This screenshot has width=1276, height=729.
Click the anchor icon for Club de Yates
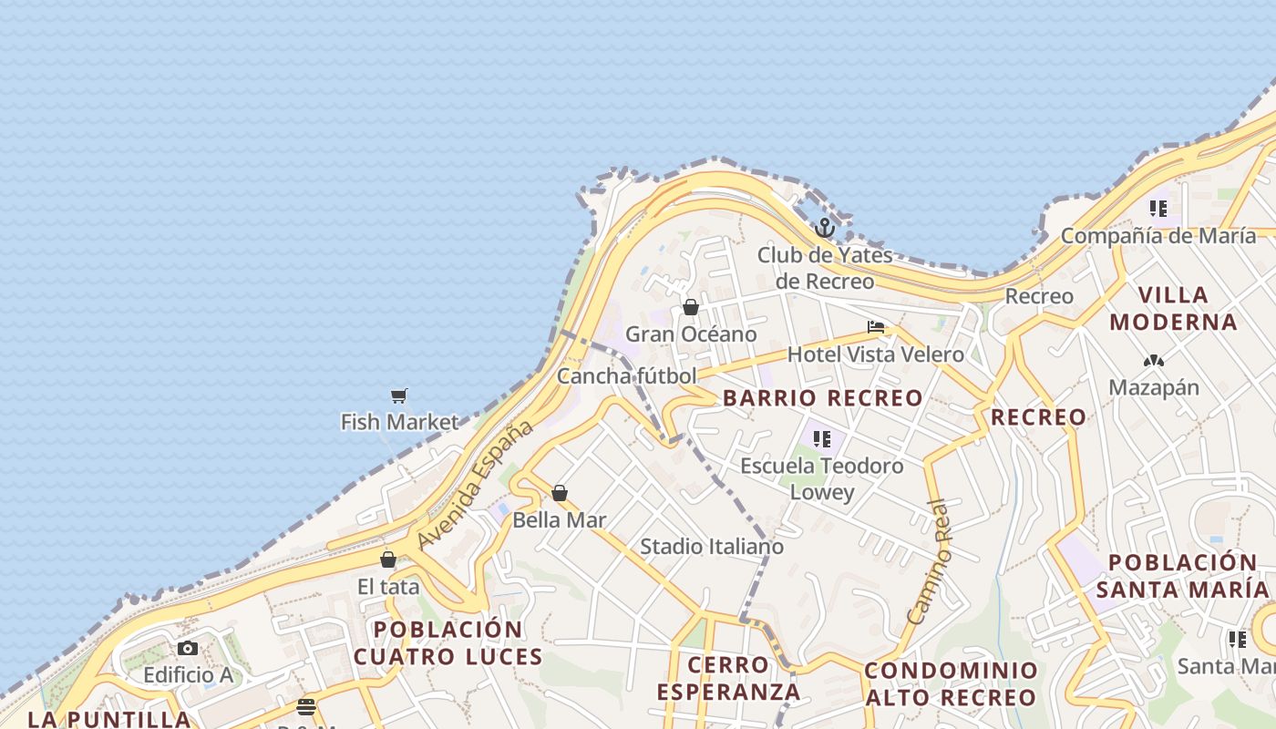[825, 228]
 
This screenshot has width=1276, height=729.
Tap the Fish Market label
[399, 422]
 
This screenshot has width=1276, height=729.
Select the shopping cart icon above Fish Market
[398, 395]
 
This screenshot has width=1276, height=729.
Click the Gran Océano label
[691, 334]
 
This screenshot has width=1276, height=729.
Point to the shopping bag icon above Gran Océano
[691, 307]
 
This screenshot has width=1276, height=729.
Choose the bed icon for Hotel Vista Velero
[876, 327]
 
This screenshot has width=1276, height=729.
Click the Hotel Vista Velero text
[876, 354]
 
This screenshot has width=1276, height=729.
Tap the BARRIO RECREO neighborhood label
[823, 398]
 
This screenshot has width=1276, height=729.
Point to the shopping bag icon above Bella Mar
[560, 493]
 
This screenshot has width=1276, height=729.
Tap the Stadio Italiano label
[712, 547]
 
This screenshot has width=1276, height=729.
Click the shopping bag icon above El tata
[388, 560]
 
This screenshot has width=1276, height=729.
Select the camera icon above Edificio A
[188, 648]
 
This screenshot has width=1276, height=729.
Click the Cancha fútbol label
[626, 375]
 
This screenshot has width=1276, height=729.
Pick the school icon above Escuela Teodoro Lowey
[822, 439]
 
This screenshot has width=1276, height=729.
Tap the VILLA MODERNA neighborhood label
[1174, 308]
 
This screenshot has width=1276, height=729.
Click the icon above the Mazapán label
[1154, 361]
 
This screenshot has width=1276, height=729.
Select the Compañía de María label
[1158, 236]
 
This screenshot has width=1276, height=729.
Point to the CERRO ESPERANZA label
[729, 678]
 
